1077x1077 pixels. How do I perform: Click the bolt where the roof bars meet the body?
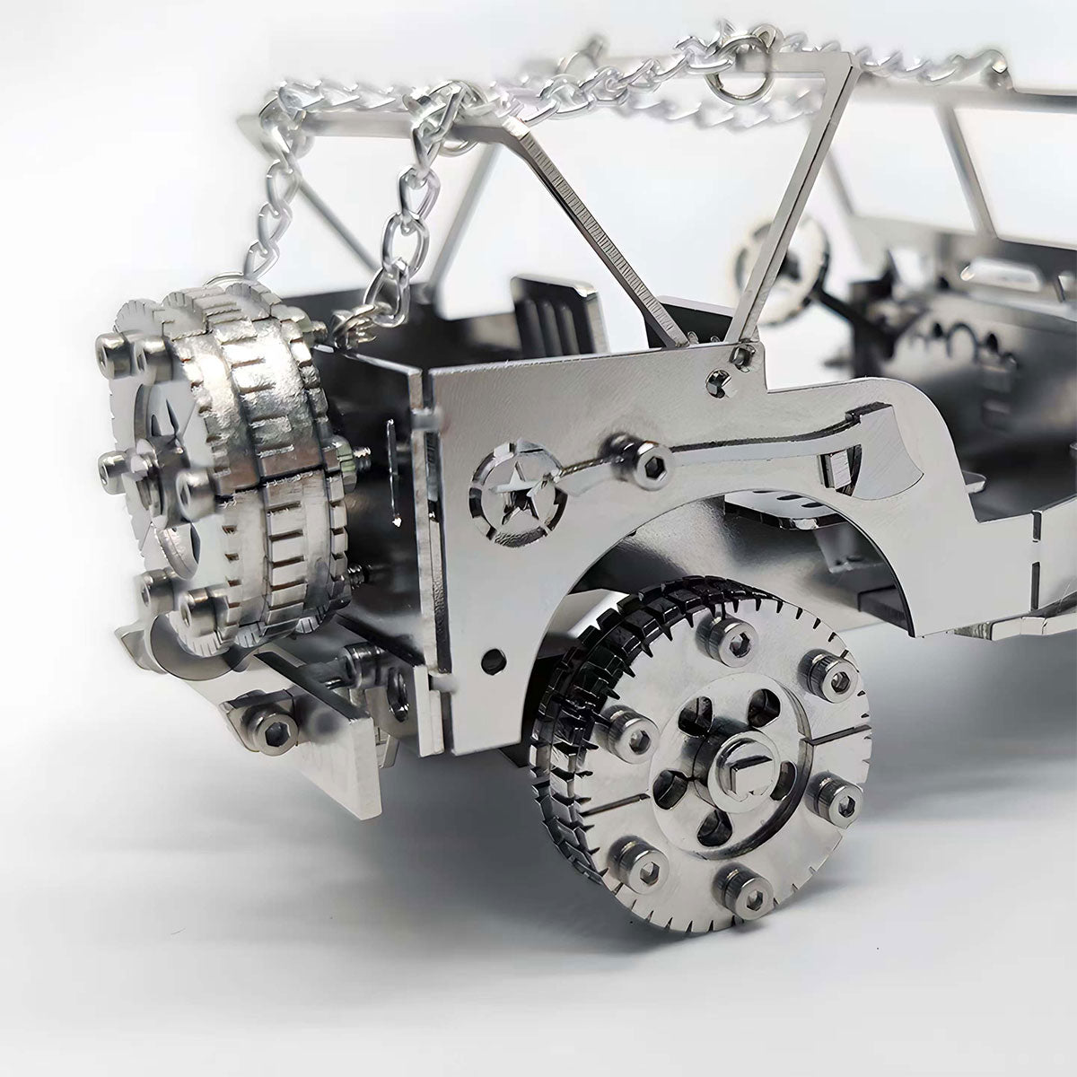740,355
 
